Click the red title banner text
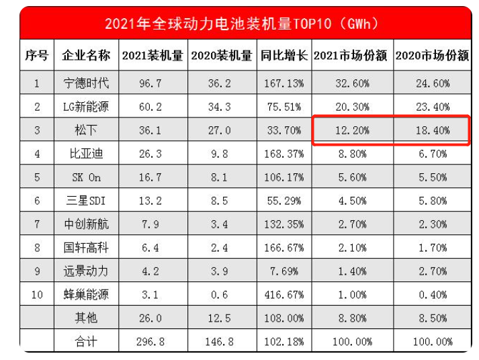pyautogui.click(x=241, y=24)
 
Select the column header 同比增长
pyautogui.click(x=284, y=55)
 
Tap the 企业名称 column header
pyautogui.click(x=86, y=55)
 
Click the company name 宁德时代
pyautogui.click(x=86, y=83)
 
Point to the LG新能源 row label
pyautogui.click(x=86, y=107)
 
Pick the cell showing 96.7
pyautogui.click(x=150, y=83)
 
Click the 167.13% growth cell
pyautogui.click(x=284, y=83)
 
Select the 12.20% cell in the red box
pyautogui.click(x=353, y=130)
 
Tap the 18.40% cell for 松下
pyautogui.click(x=433, y=130)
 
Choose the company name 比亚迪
pyautogui.click(x=86, y=154)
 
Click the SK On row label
pyautogui.click(x=86, y=177)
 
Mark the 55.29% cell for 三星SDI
pyautogui.click(x=284, y=201)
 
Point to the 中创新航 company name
pyautogui.click(x=86, y=224)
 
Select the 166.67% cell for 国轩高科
pyautogui.click(x=284, y=248)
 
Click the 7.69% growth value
pyautogui.click(x=284, y=271)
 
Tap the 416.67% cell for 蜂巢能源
pyautogui.click(x=284, y=295)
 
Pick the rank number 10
pyautogui.click(x=37, y=295)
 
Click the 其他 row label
pyautogui.click(x=86, y=318)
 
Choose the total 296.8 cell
pyautogui.click(x=150, y=342)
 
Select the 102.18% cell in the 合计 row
pyautogui.click(x=284, y=342)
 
